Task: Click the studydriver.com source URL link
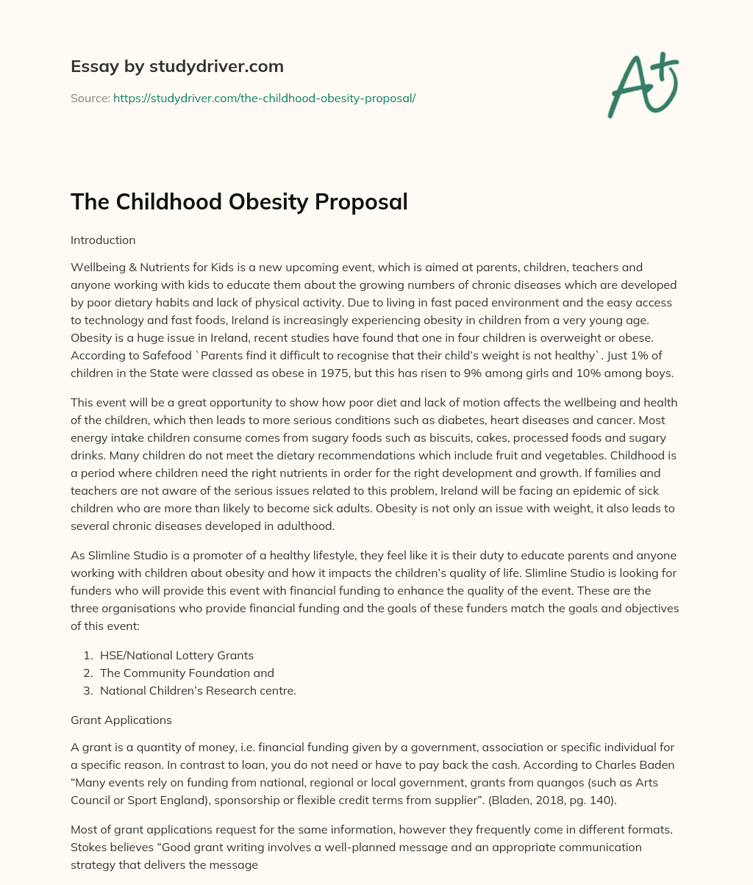pos(265,98)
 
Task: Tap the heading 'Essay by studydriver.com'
pos(177,66)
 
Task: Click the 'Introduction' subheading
pos(103,240)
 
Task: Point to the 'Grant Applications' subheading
pos(121,720)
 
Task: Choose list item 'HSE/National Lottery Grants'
pos(176,655)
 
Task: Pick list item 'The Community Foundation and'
pos(187,673)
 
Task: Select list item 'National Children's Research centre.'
pos(198,690)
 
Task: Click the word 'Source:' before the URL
pos(90,98)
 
